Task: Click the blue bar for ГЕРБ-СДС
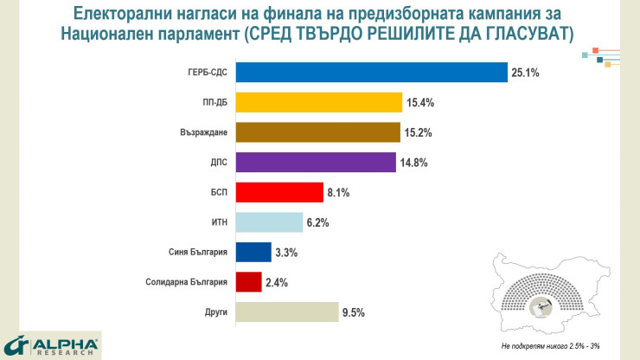[371, 73]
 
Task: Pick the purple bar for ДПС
[317, 163]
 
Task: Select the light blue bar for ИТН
[269, 222]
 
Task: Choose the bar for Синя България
[253, 252]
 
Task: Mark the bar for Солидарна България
[248, 282]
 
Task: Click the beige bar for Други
[286, 312]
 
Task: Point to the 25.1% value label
[525, 74]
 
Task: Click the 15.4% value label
[419, 104]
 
